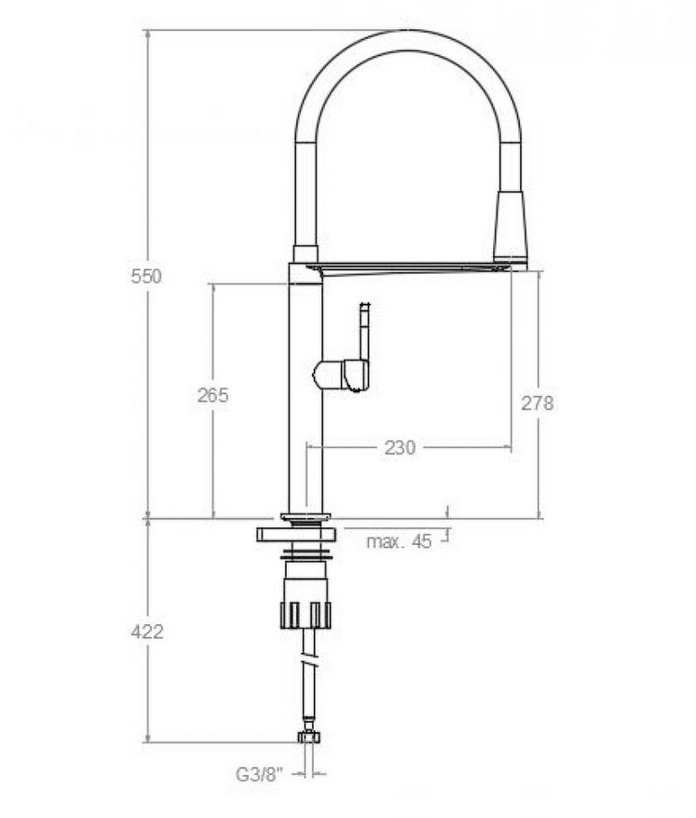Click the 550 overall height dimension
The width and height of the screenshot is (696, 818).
(146, 276)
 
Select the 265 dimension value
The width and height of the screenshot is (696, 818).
(212, 395)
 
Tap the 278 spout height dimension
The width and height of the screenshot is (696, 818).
(538, 402)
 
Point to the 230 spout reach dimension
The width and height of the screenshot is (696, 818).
(400, 447)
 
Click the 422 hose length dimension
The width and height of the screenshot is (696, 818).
(147, 632)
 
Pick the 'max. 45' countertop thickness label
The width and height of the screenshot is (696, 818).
(399, 541)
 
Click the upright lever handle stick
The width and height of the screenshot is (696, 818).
(364, 333)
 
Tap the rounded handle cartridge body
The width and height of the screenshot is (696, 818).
(341, 375)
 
